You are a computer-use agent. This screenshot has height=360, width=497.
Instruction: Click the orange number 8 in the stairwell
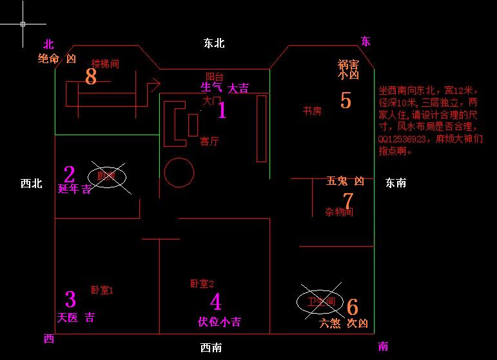pos(91,77)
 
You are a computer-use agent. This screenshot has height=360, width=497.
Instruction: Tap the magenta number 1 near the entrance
pos(222,111)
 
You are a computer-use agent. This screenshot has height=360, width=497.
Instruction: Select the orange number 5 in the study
pos(346,100)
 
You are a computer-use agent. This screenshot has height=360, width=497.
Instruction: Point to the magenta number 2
pos(69,175)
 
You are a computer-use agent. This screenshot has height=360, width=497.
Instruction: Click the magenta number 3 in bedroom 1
pos(70,299)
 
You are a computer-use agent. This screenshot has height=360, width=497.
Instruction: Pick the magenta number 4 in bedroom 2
pos(215,301)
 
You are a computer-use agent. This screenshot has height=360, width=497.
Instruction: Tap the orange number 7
pos(348,201)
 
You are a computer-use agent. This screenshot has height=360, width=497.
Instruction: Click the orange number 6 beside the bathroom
pos(353,307)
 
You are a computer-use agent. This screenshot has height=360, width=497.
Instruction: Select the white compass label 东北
pos(213,43)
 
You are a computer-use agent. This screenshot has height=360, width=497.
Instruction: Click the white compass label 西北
pos(31,184)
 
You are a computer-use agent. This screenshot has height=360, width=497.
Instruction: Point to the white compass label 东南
pos(396,183)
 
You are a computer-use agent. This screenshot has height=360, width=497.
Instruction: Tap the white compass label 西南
pos(211,348)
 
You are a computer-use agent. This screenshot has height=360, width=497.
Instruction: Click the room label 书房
pos(313,111)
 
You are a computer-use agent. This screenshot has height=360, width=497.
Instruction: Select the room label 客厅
pos(210,141)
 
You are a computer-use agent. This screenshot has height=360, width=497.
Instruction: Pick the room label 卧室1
pos(102,290)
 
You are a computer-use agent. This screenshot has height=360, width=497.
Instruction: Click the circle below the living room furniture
pos(179,173)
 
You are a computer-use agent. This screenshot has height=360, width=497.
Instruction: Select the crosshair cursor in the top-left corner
pos(23,24)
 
